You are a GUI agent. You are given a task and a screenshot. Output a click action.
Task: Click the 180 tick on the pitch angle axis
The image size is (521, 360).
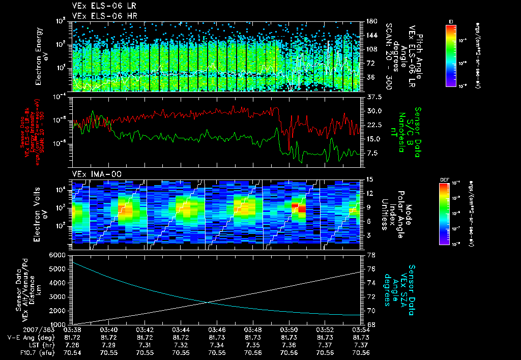[370, 22]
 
